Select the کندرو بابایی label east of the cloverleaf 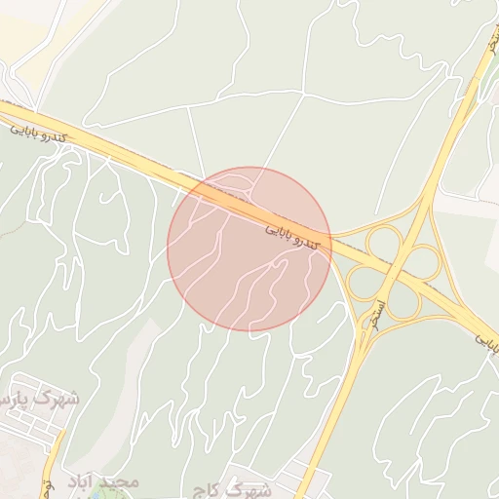(486, 343)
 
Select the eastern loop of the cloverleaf (424, 261)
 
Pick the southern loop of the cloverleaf (403, 301)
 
